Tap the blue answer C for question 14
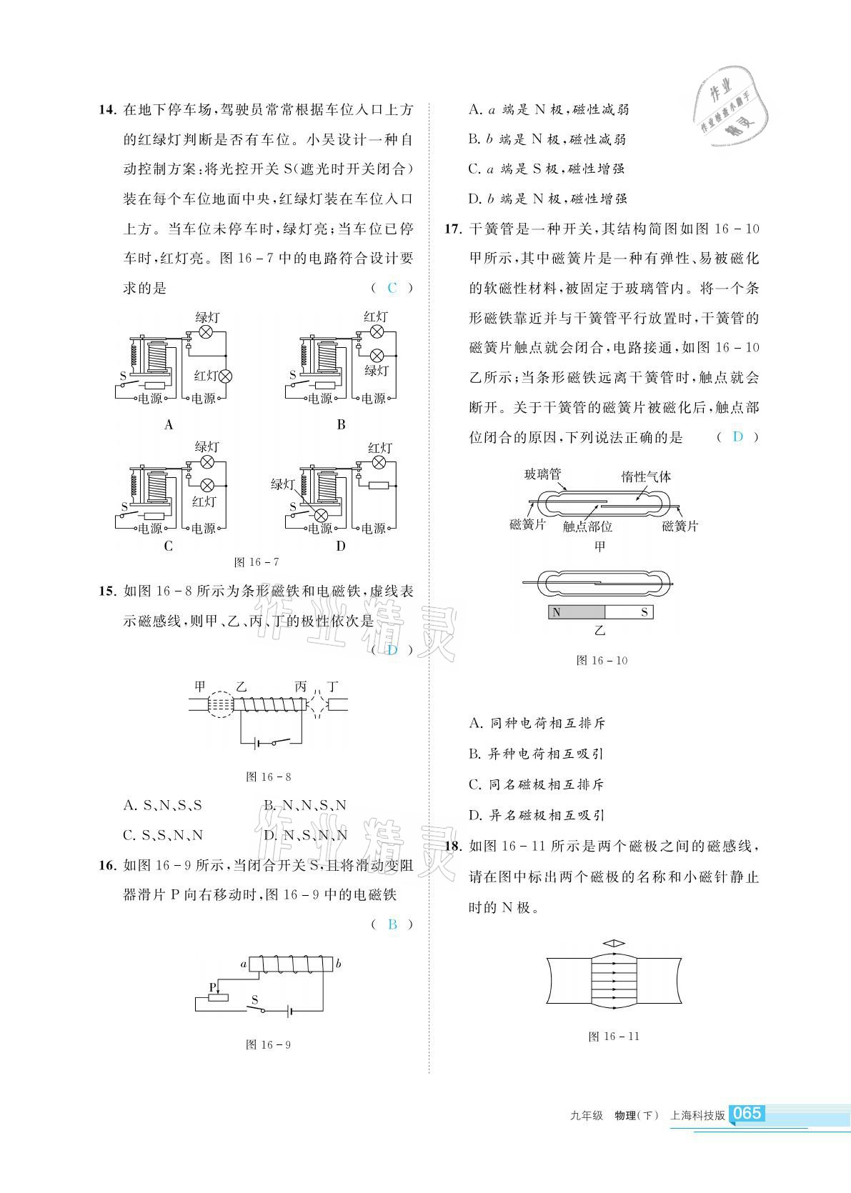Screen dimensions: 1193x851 [392, 288]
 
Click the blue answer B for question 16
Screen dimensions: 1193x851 [392, 924]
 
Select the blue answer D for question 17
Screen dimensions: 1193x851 [738, 436]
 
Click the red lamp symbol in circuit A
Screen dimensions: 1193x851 [226, 376]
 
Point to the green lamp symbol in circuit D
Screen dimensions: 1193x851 [322, 515]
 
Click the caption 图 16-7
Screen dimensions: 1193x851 [257, 562]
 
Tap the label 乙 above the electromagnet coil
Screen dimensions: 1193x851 [241, 687]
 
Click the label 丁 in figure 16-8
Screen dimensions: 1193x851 [332, 687]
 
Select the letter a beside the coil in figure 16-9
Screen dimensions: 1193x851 [244, 964]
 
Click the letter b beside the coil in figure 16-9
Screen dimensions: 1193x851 [339, 964]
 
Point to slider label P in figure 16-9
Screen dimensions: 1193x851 [212, 987]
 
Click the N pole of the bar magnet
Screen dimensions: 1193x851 [557, 612]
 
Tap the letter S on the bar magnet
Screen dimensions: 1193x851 [644, 612]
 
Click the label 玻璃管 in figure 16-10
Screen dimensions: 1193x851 [542, 474]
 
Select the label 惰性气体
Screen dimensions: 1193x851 [646, 476]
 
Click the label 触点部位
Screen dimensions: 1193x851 [587, 526]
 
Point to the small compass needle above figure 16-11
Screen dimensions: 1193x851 [614, 944]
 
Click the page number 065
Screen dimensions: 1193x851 [747, 1113]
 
